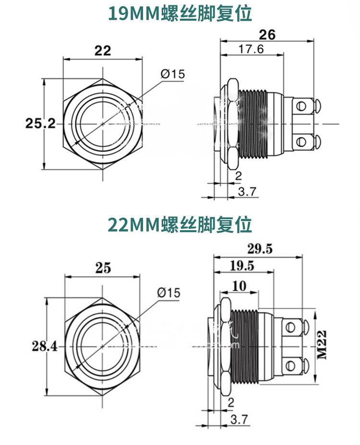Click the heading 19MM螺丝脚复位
pyautogui.click(x=180, y=13)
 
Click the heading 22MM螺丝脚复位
pyautogui.click(x=180, y=224)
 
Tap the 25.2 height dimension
pyautogui.click(x=40, y=123)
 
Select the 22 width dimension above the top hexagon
pyautogui.click(x=103, y=50)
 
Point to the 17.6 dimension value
pyautogui.click(x=251, y=48)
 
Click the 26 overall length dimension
pyautogui.click(x=267, y=35)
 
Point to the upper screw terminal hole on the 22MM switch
pyautogui.click(x=289, y=328)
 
